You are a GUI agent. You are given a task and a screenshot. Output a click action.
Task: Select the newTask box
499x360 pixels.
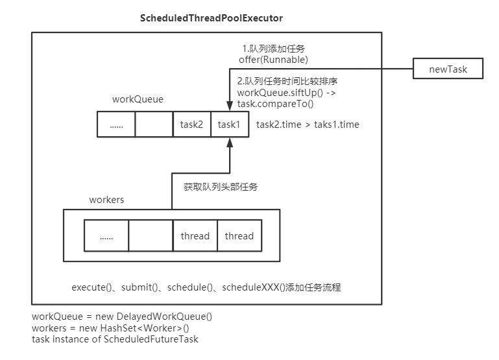point(448,68)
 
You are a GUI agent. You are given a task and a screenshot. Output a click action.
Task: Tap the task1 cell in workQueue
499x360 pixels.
point(230,124)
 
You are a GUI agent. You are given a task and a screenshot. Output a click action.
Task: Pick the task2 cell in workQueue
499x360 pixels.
point(192,124)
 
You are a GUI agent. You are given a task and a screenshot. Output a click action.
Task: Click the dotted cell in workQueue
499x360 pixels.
point(117,124)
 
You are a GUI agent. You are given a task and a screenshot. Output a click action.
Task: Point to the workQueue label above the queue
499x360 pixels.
point(138,101)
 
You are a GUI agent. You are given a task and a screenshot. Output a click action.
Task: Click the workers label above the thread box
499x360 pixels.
point(106,199)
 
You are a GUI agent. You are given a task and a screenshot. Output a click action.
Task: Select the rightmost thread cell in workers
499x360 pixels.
point(239,236)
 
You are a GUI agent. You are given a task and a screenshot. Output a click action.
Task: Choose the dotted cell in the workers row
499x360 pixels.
point(106,236)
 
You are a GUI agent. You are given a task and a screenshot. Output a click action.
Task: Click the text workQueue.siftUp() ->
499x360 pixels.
point(286,93)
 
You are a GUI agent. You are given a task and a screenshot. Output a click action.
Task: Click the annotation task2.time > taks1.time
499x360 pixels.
point(308,124)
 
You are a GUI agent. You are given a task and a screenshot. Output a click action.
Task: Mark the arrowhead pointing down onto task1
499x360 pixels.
point(230,107)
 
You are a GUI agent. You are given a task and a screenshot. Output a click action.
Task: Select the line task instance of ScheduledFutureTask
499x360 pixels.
point(115,339)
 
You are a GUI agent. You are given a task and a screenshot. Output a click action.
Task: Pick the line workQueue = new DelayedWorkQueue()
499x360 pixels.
point(122,317)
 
